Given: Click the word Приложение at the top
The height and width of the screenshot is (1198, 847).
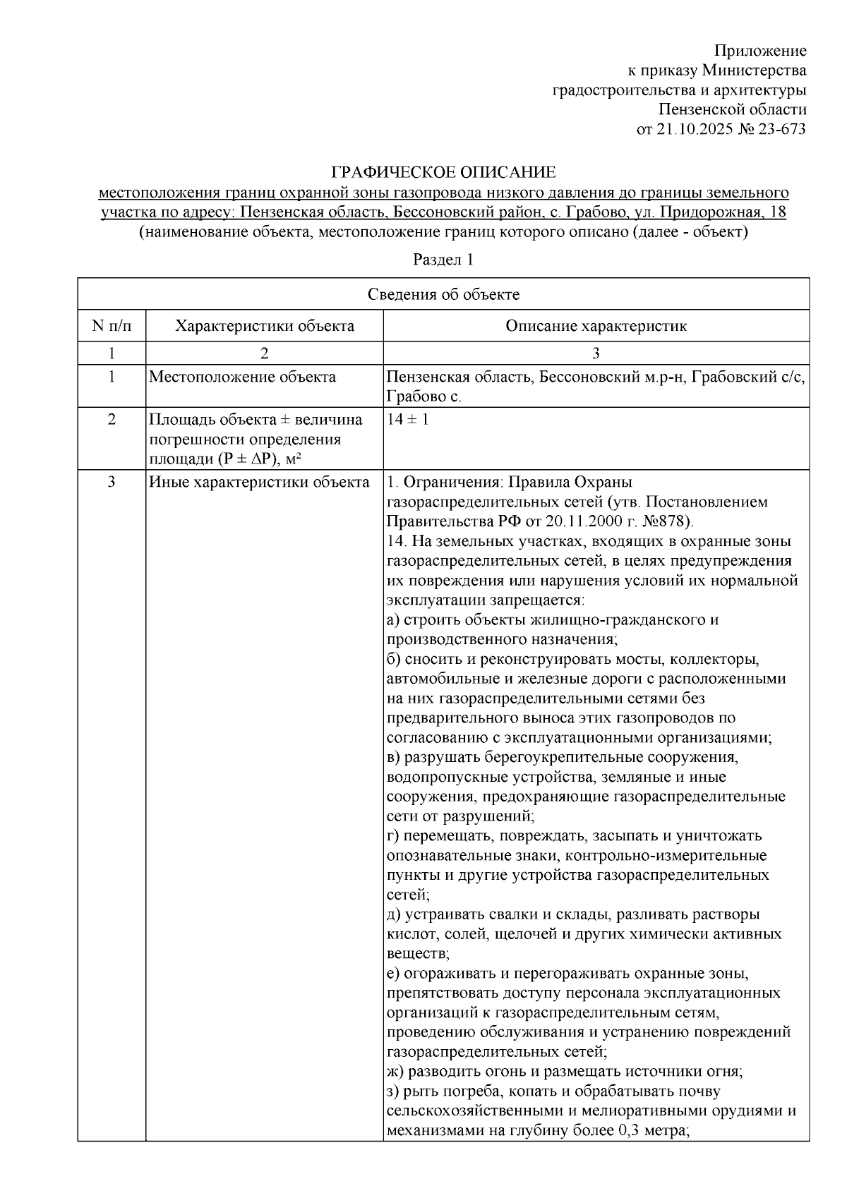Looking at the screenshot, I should point(760,51).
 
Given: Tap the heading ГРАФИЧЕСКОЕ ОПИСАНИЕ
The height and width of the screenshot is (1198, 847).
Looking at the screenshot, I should point(444,172).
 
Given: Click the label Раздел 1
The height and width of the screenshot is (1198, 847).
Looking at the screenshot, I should point(443,260).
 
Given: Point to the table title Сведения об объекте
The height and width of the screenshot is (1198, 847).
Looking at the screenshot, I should point(443,294).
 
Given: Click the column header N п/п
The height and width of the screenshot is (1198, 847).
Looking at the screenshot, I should point(112,326).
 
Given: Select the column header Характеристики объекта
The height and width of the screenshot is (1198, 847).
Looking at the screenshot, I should point(265,326).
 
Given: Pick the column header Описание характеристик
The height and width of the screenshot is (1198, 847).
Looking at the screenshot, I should point(596,326).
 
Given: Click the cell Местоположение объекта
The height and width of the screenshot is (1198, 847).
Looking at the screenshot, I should point(242,377).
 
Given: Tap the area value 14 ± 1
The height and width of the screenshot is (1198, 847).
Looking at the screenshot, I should point(408,419).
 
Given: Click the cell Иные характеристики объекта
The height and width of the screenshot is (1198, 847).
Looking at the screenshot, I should point(259,483).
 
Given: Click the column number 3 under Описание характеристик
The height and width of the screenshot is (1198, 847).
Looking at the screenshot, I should point(596,353).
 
